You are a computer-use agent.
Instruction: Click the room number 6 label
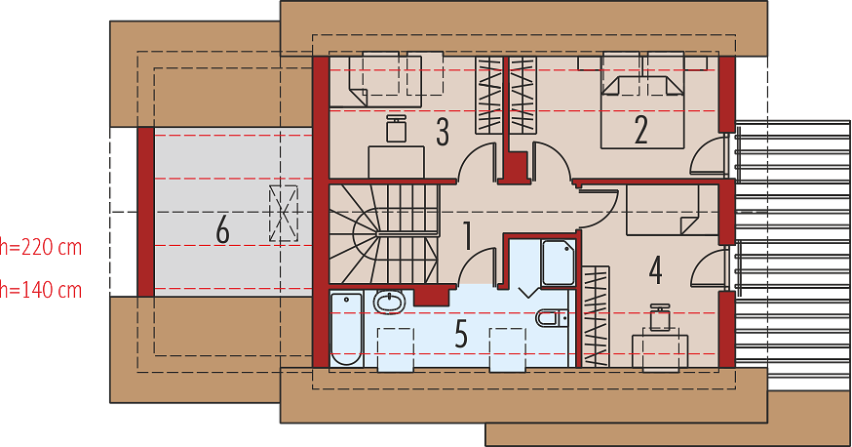[x=223, y=229]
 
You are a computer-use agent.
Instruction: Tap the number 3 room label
[x=443, y=132]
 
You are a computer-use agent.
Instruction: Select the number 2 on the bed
[x=641, y=130]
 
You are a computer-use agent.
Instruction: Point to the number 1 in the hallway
[x=467, y=236]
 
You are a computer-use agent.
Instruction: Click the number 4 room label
[x=655, y=270]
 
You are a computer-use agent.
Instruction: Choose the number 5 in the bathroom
[x=461, y=334]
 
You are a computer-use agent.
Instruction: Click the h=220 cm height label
[x=41, y=248]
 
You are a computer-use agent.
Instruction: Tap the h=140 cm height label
[x=41, y=291]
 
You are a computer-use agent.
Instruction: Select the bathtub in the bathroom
[x=347, y=330]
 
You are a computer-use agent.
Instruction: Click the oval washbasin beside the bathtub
[x=389, y=303]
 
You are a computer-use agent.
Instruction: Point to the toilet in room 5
[x=552, y=317]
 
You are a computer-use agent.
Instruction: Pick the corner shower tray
[x=559, y=264]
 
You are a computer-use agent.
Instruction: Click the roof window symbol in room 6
[x=284, y=213]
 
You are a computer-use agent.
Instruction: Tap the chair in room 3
[x=397, y=129]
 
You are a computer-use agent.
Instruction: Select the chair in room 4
[x=660, y=317]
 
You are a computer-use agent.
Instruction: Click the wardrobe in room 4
[x=596, y=316]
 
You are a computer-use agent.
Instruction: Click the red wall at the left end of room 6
[x=145, y=212]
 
